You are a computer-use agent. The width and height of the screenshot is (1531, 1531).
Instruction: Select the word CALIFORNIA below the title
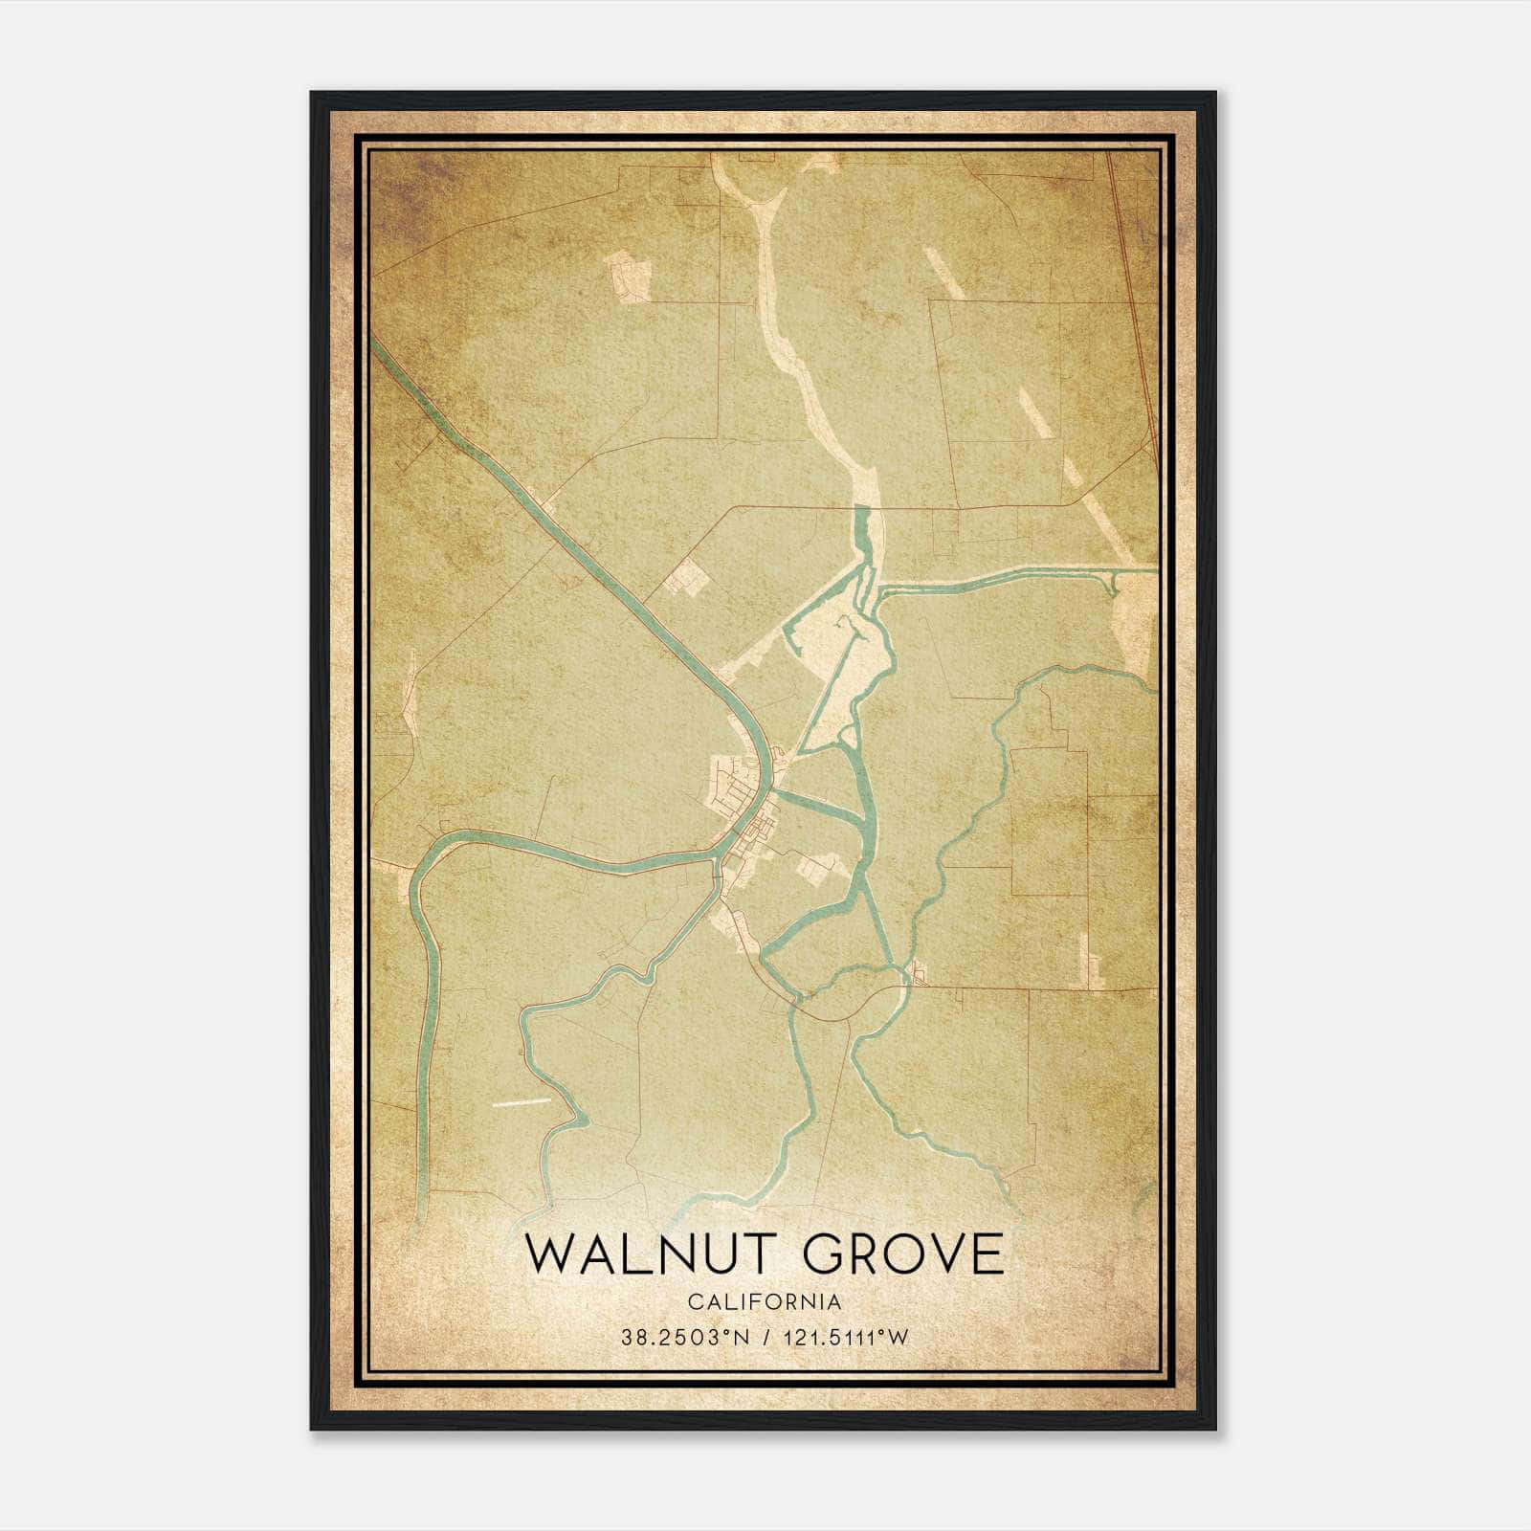(x=765, y=1302)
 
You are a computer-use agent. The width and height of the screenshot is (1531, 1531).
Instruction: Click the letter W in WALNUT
(x=547, y=1254)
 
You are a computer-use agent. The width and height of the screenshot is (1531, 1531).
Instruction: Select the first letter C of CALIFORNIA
(x=693, y=1302)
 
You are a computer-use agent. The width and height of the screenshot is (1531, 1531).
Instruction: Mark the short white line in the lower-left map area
(x=522, y=1102)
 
